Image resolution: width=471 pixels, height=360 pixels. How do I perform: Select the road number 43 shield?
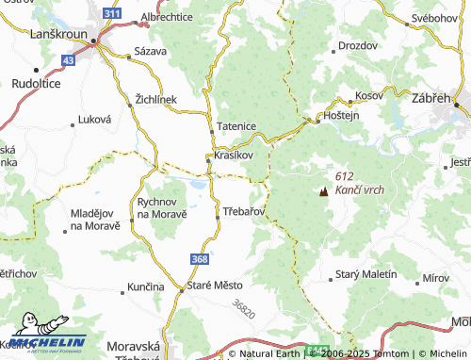pos(67,59)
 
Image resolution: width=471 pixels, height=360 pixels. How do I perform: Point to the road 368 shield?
pos(199,258)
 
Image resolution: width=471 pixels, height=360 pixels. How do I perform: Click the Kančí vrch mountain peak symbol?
pos(325,189)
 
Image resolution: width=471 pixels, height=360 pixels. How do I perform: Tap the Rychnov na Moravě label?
pos(161,207)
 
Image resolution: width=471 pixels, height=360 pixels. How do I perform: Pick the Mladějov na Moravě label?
pos(95,220)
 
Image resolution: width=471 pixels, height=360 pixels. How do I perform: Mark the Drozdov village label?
pos(357,44)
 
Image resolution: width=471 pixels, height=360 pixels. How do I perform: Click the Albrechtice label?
pos(167,16)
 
